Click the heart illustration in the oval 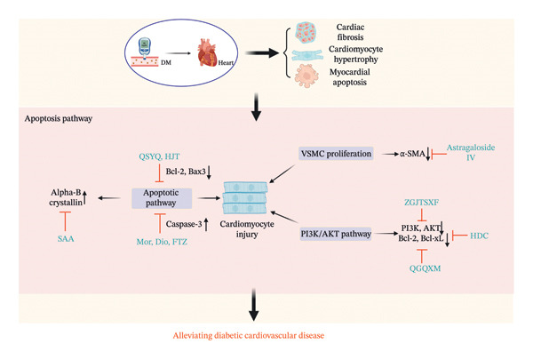(x=207, y=52)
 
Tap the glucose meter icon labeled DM (x=145, y=52)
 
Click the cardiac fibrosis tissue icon (x=306, y=32)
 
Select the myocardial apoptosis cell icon (x=306, y=76)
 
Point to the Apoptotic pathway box (x=162, y=198)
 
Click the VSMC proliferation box (x=336, y=154)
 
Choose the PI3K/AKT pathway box (x=336, y=234)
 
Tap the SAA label (x=66, y=239)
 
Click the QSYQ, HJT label (x=159, y=156)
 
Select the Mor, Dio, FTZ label (x=162, y=242)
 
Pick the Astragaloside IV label (x=471, y=152)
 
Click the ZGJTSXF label (x=421, y=203)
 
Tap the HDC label (x=479, y=236)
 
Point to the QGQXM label (x=425, y=268)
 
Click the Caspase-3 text (x=184, y=224)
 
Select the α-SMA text (x=412, y=154)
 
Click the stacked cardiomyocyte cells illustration (x=245, y=197)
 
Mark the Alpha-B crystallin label (x=66, y=197)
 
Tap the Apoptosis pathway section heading (x=59, y=119)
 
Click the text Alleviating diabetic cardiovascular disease (x=249, y=335)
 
